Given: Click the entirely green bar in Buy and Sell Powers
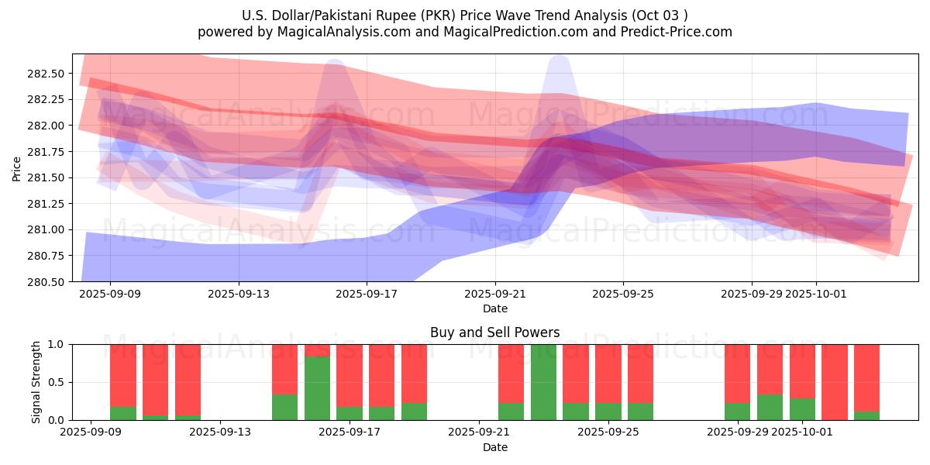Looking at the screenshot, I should coord(543,382).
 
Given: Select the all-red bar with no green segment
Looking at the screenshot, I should coord(835,382).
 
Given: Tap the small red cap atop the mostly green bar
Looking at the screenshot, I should coord(317,350).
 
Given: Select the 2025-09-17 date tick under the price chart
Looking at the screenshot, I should coord(367,294).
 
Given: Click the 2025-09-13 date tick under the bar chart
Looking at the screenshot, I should coord(220,432).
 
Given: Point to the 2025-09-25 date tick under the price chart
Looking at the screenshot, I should coord(623,294).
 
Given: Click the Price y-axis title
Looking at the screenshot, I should coord(17,168).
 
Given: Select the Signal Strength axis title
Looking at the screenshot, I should coord(36,382).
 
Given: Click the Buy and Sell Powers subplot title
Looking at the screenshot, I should coord(494,332).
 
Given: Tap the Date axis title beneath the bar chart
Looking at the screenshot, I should coord(494,447).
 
